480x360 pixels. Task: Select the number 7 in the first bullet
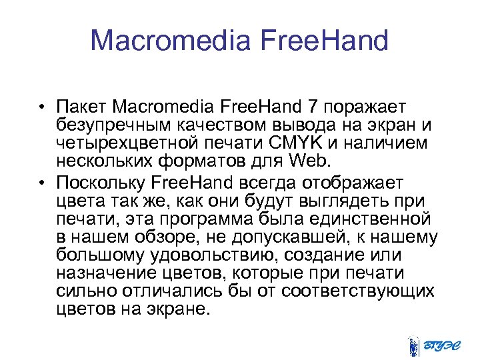pos(313,107)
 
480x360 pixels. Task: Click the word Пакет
pos(81,107)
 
